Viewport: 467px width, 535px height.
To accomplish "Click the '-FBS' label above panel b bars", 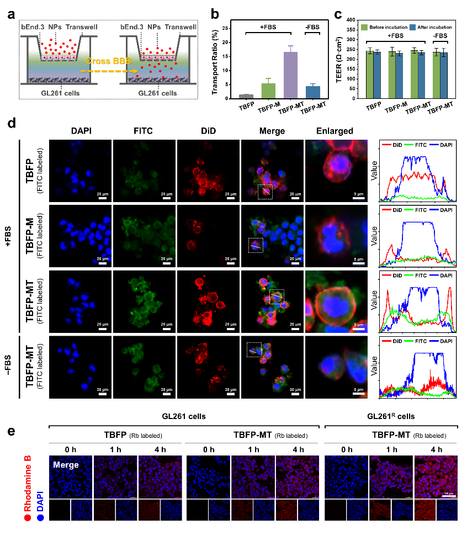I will pos(312,26).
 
